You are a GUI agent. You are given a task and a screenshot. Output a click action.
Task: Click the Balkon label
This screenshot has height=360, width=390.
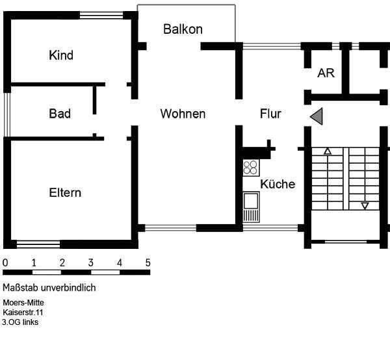pos(183,29)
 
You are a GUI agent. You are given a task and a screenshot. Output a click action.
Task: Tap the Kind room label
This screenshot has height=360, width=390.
pos(61,55)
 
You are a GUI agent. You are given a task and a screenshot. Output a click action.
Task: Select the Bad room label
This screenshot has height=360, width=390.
pos(60,114)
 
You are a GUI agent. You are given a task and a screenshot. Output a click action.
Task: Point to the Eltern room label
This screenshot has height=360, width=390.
pos(65,193)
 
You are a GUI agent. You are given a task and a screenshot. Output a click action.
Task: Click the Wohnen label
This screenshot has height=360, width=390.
pos(183,114)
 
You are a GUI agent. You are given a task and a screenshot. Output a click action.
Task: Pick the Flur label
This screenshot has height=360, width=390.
pos(270,114)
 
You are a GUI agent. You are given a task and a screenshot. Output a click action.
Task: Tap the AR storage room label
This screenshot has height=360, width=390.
pos(326,73)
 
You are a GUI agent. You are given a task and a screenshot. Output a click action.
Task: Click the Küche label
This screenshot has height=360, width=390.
pos(278,184)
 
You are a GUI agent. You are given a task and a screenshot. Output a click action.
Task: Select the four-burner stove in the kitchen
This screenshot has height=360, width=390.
pos(251,168)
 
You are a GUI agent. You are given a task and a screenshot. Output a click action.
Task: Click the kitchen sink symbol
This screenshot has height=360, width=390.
pos(251,207)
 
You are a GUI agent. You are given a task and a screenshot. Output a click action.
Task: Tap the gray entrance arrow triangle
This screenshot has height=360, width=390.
pos(316,116)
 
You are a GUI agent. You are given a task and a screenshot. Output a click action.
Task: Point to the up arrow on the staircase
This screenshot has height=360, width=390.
pos(328,152)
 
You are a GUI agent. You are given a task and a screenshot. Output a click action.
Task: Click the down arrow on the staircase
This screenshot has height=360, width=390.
pos(365,206)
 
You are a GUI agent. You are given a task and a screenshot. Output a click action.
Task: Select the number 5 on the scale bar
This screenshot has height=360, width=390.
pos(148,263)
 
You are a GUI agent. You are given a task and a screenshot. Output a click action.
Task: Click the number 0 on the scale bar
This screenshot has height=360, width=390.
pos(5,263)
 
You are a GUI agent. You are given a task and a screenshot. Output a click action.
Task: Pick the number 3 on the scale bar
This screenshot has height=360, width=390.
pos(91,263)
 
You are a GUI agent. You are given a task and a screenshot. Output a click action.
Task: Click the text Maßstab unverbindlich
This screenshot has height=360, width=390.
pos(49,288)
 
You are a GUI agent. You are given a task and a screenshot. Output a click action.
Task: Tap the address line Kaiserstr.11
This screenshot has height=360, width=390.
pos(23,313)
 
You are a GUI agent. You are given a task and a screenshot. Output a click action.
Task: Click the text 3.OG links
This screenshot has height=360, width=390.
pos(20,322)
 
